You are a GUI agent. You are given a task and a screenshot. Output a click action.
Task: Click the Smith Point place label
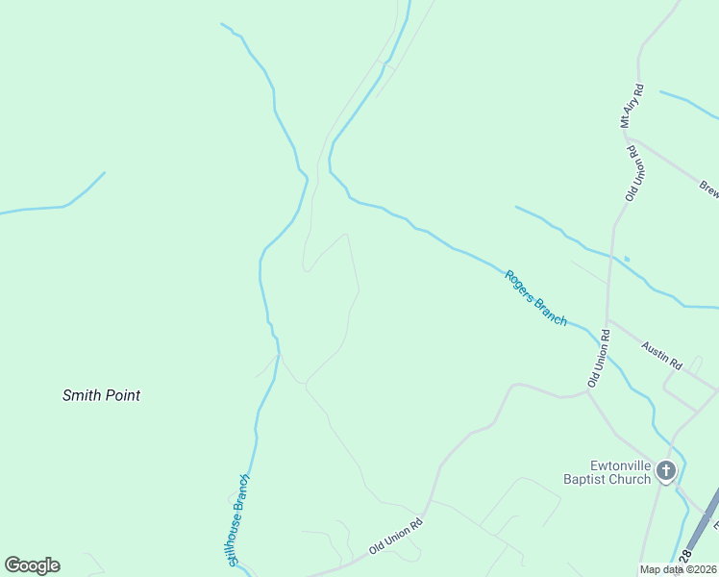(101, 395)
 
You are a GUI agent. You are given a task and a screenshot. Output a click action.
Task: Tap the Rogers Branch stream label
(535, 297)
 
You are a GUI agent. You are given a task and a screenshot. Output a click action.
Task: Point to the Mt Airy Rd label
(631, 106)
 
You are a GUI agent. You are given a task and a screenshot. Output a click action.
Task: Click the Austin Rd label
(661, 358)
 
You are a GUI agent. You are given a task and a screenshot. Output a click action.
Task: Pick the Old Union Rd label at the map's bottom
(395, 538)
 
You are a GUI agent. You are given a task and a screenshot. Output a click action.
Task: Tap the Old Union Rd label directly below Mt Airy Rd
(633, 172)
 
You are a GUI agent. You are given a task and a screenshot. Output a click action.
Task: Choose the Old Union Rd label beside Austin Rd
(599, 359)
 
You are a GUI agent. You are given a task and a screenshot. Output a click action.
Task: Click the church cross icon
(666, 471)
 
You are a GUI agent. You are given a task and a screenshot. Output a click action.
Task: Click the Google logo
(32, 565)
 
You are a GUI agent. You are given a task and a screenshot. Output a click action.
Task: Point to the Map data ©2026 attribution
(679, 569)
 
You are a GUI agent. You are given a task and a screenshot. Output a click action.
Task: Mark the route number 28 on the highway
(685, 558)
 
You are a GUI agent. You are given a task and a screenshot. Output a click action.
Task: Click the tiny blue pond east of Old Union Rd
(627, 258)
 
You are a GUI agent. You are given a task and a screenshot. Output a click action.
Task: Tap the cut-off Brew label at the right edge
(708, 188)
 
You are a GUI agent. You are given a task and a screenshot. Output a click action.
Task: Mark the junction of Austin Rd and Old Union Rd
(607, 320)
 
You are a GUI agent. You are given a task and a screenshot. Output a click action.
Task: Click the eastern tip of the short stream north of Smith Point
(104, 173)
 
